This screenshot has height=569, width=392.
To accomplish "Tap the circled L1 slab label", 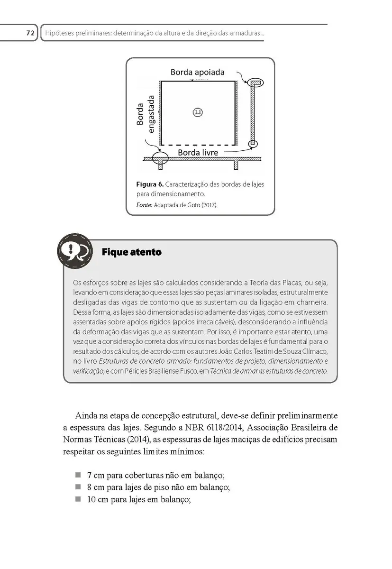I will click(198, 112).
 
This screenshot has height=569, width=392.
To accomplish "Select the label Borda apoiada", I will click(198, 72).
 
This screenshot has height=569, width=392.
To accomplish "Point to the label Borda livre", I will click(198, 152).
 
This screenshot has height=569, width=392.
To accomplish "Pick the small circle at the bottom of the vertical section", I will click(254, 143).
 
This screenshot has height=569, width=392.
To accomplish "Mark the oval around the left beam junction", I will click(160, 157).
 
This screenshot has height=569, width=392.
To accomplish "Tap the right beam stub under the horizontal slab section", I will click(236, 165).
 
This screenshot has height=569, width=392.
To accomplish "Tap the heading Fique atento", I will click(132, 252).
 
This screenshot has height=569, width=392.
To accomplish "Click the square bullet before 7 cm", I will click(78, 475).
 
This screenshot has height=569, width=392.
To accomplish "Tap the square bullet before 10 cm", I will click(78, 499).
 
